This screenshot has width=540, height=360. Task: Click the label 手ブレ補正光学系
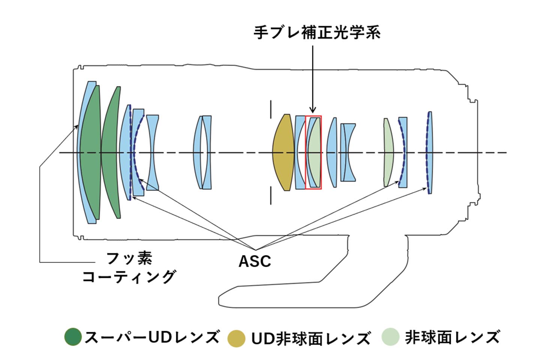[317, 33]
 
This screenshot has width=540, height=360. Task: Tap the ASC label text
[255, 261]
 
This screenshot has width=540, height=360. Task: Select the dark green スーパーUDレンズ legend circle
[73, 336]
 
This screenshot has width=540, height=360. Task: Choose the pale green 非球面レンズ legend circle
[390, 336]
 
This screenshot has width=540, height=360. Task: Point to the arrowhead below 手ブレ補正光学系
[313, 109]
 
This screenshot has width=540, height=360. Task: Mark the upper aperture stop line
[271, 109]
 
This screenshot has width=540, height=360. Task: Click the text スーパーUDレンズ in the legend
[152, 337]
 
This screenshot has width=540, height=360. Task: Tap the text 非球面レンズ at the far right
[452, 337]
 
